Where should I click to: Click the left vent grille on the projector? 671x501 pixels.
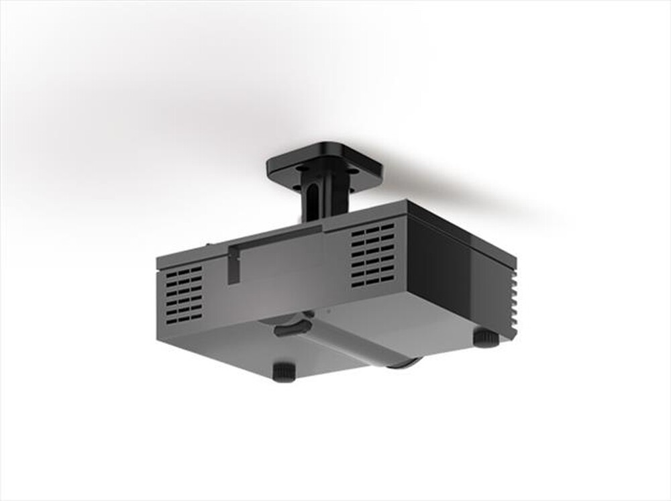(x=183, y=294)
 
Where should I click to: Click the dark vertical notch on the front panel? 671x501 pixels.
(x=233, y=265)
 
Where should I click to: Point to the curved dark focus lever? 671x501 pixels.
(x=292, y=328)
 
